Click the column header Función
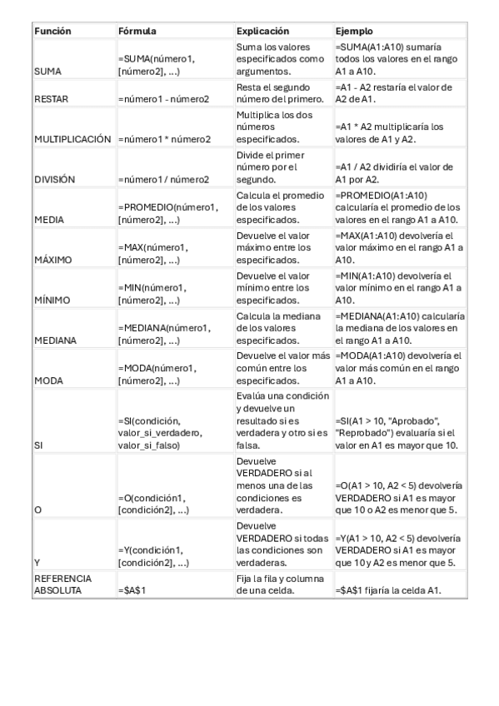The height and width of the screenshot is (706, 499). (x=52, y=31)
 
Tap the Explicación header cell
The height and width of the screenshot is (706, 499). (x=263, y=31)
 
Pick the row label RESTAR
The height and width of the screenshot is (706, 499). (x=52, y=98)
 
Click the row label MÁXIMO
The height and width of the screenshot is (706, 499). (x=52, y=259)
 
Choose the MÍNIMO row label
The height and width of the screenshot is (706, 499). (x=51, y=300)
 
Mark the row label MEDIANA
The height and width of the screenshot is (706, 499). (x=54, y=340)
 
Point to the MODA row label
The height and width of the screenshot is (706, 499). (x=47, y=380)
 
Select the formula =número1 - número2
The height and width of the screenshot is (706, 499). (x=163, y=98)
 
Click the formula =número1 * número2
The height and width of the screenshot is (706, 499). (x=164, y=138)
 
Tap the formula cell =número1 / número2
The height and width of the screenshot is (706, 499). (x=163, y=178)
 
